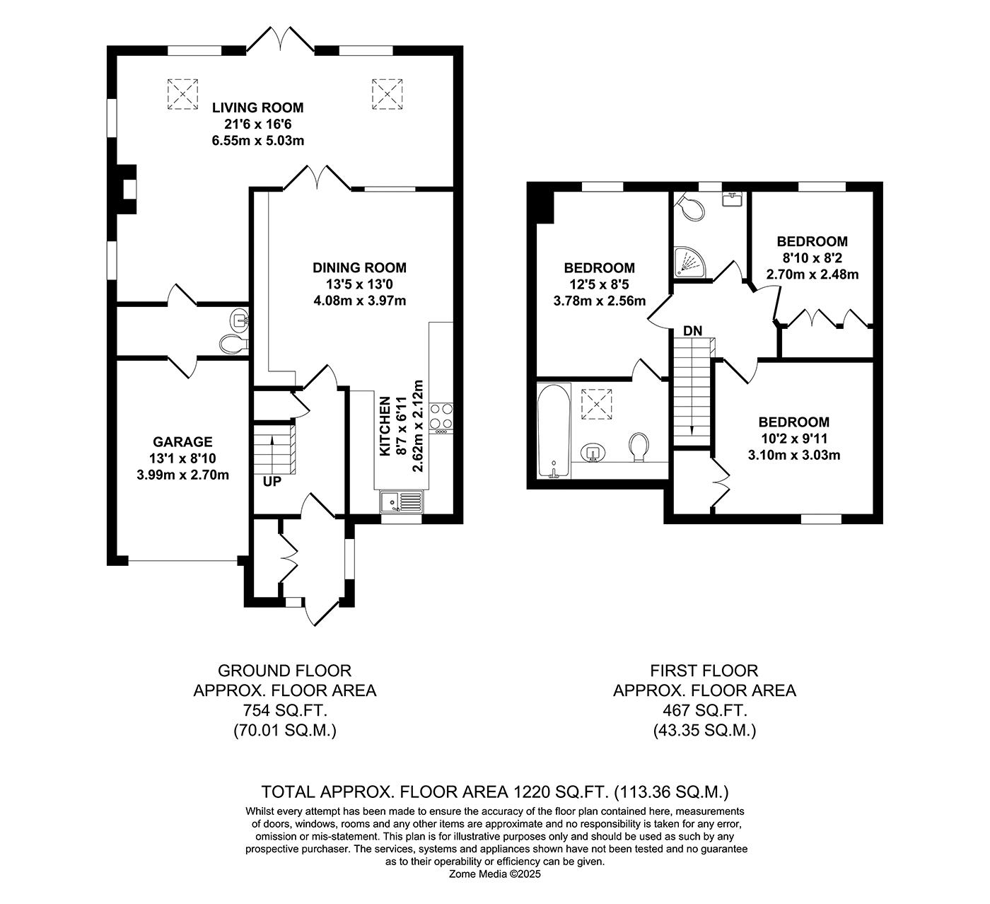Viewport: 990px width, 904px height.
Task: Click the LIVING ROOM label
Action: tap(257, 108)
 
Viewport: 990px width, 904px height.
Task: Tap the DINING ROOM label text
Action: tap(359, 268)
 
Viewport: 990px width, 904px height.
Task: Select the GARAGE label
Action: tap(183, 442)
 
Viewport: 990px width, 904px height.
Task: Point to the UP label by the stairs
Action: tap(272, 482)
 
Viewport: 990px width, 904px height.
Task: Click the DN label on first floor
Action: tap(692, 331)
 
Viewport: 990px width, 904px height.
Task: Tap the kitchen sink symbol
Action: tap(401, 502)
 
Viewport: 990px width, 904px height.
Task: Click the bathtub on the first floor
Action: tap(553, 431)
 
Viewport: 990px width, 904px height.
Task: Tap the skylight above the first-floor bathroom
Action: tap(595, 404)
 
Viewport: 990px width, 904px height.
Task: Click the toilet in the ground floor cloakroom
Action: tap(232, 344)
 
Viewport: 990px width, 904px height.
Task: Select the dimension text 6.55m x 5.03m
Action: tap(257, 140)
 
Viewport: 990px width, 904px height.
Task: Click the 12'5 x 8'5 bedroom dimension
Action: tap(599, 284)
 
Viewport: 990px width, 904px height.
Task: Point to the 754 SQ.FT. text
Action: tap(284, 710)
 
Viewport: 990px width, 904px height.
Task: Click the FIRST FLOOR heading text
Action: tap(704, 671)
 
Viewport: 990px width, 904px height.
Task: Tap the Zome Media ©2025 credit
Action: tap(494, 874)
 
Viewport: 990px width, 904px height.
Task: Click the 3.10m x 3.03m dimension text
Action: tap(793, 455)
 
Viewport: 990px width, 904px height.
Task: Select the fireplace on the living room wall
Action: tap(127, 189)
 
